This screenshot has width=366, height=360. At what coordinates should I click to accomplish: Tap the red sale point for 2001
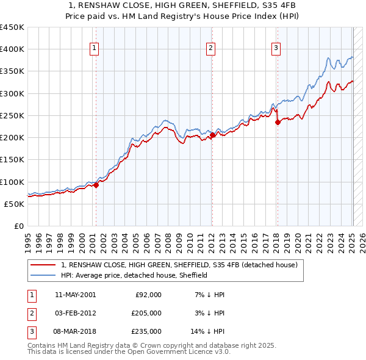click(x=96, y=185)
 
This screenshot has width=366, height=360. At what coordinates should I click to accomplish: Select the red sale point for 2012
click(x=212, y=136)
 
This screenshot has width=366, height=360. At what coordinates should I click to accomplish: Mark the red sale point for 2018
click(x=278, y=122)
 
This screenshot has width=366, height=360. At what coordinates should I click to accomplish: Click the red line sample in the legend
click(x=43, y=265)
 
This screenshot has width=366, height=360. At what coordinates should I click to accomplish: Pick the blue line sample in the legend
click(x=43, y=276)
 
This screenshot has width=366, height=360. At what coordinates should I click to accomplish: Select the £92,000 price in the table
click(x=148, y=295)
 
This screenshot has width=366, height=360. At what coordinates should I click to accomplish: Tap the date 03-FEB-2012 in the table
click(x=75, y=313)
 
